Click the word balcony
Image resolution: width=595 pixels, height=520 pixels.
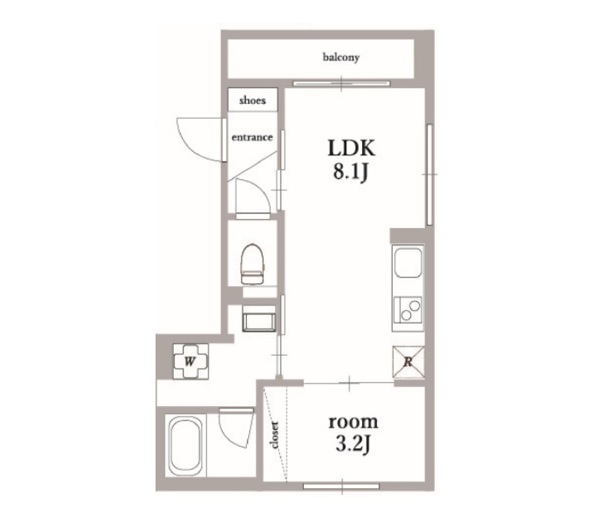click(341, 57)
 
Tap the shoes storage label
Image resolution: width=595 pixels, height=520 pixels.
click(252, 101)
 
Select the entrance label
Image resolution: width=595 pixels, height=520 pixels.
click(252, 137)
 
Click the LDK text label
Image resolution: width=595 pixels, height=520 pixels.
click(351, 149)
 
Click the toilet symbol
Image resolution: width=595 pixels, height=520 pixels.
click(253, 264)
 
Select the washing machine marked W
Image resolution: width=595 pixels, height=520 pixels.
click(191, 361)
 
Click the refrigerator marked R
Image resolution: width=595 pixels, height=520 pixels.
click(408, 362)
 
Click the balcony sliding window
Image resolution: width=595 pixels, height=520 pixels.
click(341, 84)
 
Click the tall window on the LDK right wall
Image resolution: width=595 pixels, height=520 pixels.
click(430, 174)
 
